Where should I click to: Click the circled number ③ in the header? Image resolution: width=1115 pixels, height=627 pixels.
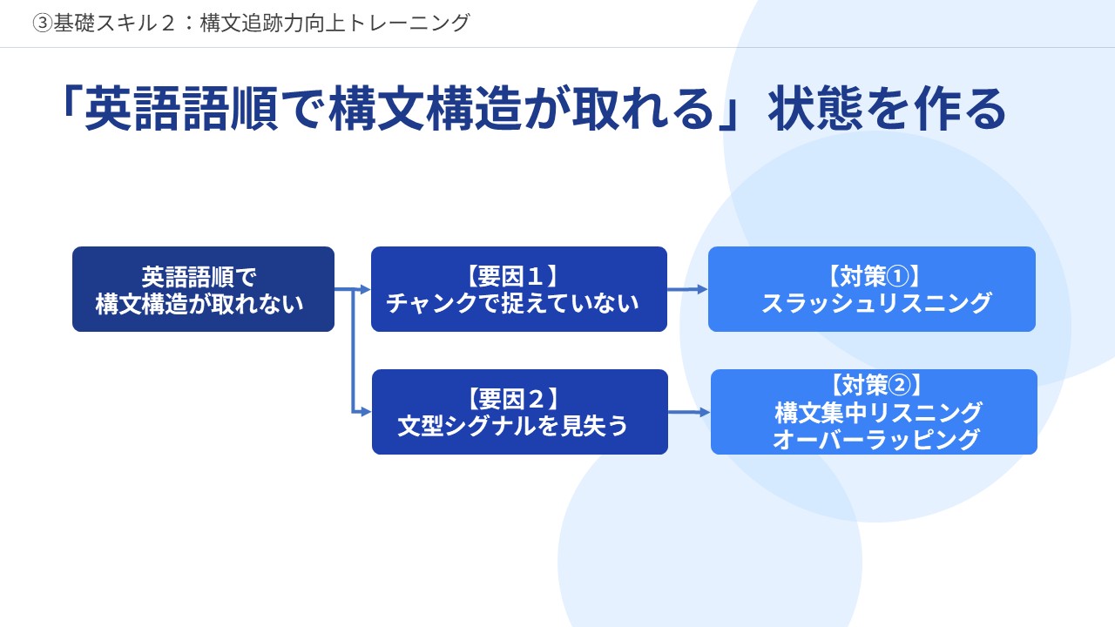coord(43,23)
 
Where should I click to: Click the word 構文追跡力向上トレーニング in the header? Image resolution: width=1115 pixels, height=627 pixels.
coord(335,23)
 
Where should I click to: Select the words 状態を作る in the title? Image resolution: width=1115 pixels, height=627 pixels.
coord(887,109)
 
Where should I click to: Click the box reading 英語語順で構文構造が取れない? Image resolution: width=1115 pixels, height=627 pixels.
coord(203,289)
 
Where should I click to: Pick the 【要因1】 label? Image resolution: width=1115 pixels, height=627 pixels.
coord(513,277)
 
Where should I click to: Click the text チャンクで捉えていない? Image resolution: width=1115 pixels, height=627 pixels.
coord(513,303)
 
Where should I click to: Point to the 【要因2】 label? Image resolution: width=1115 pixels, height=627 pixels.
coord(513,399)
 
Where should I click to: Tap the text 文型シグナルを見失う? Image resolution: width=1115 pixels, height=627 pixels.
coord(513,426)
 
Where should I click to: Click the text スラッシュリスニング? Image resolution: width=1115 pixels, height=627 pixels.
coord(876,303)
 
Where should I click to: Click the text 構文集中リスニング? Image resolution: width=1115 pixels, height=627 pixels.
coord(878,413)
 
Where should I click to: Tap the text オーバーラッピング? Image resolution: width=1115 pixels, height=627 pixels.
coord(876,440)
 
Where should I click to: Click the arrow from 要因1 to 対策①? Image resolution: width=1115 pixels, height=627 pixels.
coord(687,289)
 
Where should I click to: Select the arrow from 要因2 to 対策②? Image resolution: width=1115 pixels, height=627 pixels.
coord(689,412)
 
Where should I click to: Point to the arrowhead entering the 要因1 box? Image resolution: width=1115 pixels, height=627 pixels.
coord(365,289)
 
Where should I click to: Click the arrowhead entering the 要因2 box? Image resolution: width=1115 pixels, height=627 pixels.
coord(366,412)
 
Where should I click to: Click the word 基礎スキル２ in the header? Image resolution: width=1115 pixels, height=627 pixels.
coord(114,23)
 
